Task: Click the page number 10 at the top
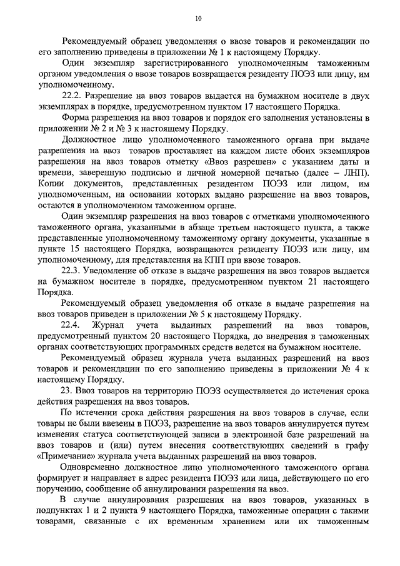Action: click(199, 19)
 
